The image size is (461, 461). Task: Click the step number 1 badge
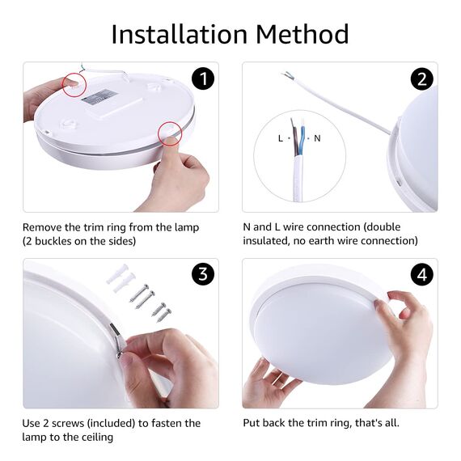204,78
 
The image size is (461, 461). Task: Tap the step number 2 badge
421,78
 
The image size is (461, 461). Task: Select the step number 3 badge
204,274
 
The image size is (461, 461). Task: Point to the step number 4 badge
421,274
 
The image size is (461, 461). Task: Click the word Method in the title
302,35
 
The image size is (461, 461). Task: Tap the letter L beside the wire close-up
281,138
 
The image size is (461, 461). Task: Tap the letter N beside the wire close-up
317,138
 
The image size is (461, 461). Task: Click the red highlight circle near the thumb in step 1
171,132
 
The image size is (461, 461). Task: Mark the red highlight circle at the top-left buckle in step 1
74,85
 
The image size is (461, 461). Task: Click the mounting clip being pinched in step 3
119,344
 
